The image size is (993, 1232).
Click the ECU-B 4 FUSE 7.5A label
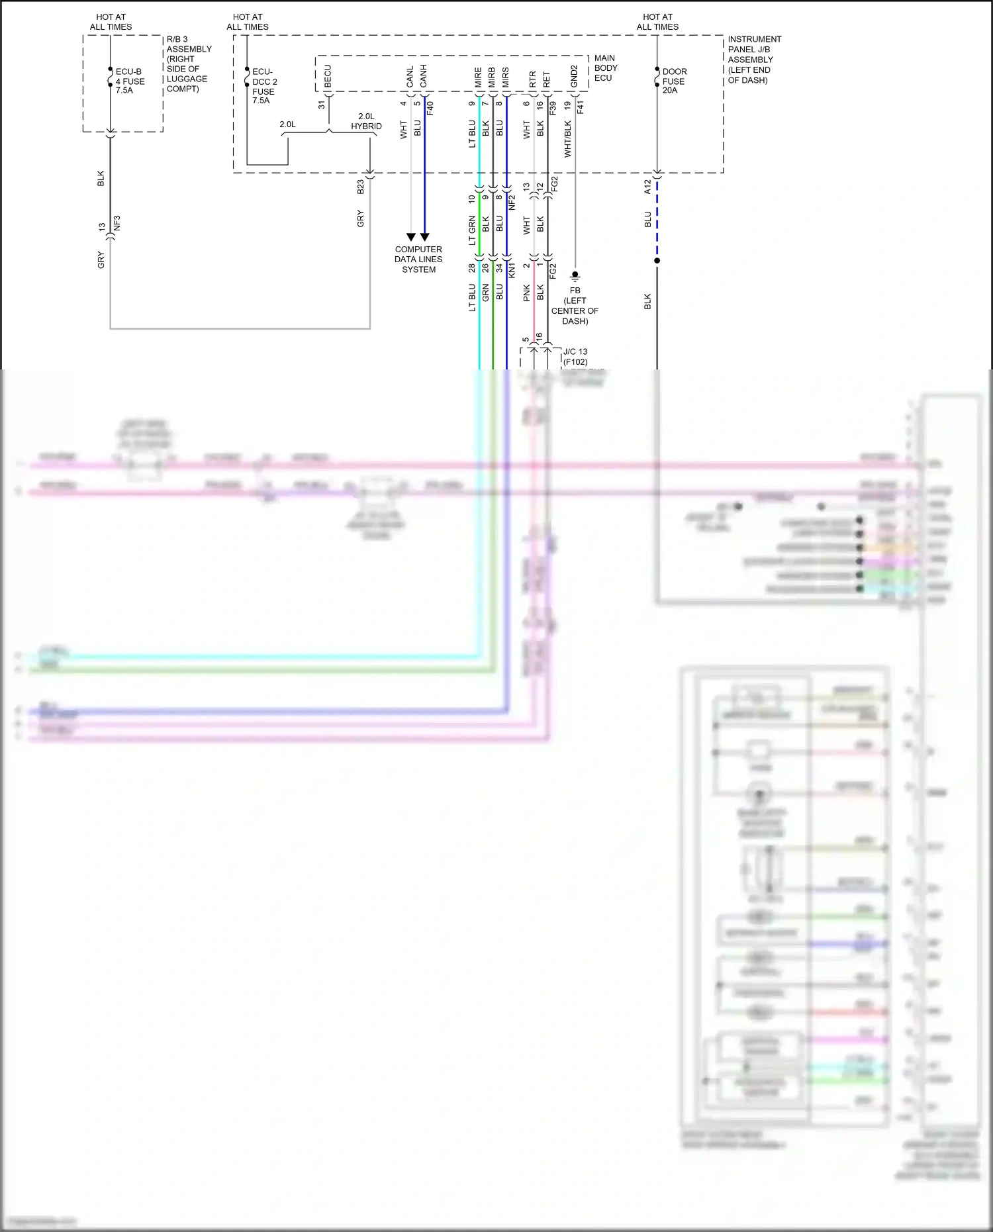(x=129, y=81)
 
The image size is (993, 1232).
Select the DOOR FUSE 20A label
(x=674, y=81)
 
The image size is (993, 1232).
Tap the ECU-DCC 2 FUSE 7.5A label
(x=264, y=86)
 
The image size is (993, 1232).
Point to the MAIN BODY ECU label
(x=605, y=68)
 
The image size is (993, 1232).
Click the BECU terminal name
(x=328, y=76)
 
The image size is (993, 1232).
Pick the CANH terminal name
(x=424, y=76)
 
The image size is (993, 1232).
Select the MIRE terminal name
(x=478, y=77)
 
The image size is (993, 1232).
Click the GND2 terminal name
(x=574, y=76)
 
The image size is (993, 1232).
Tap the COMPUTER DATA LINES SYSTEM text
(x=418, y=260)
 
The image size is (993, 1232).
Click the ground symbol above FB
(x=575, y=275)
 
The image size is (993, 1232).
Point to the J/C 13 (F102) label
(x=575, y=357)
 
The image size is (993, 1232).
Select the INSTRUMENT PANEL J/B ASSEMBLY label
(x=754, y=60)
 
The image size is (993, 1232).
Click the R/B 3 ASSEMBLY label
(x=188, y=64)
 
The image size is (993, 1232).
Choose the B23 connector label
(x=361, y=187)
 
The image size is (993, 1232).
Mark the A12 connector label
(x=647, y=187)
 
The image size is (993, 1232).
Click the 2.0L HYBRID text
(x=366, y=121)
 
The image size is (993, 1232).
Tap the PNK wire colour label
(x=527, y=293)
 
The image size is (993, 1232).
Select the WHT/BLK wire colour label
(x=568, y=139)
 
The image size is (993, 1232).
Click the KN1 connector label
(x=512, y=269)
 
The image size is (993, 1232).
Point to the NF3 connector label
(x=117, y=223)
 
